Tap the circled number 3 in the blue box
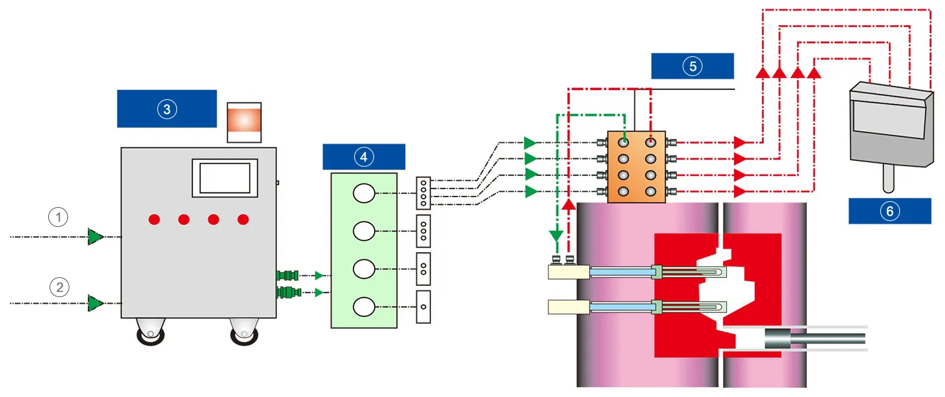167,109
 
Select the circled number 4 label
363,156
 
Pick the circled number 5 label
692,66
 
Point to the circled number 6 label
889,211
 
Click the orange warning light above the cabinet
244,122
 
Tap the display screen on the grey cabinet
224,177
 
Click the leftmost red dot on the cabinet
154,219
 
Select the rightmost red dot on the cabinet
243,219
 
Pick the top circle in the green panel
363,193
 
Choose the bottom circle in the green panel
363,307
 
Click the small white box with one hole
423,307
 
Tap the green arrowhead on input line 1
96,236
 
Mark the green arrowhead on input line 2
96,303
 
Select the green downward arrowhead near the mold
557,235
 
